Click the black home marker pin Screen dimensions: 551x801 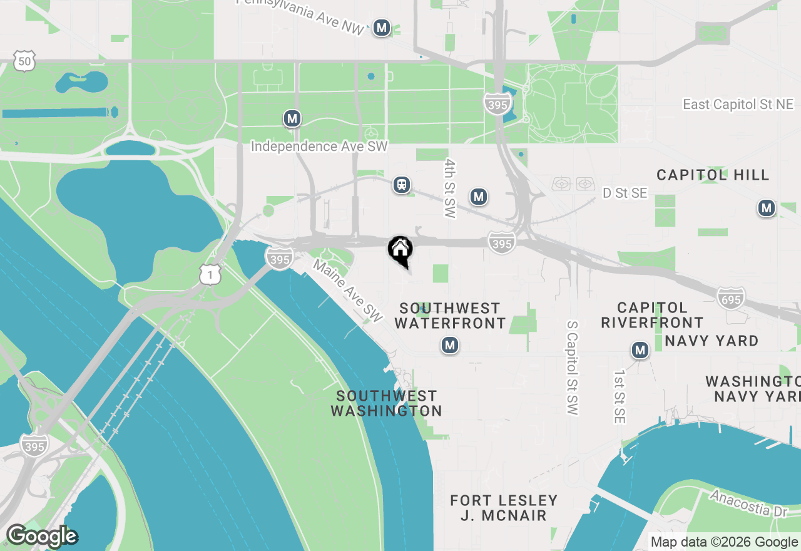(400, 250)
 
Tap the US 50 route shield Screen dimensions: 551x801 (24, 61)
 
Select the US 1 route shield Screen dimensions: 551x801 (211, 274)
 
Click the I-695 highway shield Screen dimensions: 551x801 (730, 299)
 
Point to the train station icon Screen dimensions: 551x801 (402, 185)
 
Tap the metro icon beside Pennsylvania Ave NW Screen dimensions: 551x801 (382, 28)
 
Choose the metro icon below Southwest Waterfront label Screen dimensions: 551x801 (449, 345)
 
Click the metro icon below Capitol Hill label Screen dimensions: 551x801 (766, 208)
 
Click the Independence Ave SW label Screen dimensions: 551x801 (319, 147)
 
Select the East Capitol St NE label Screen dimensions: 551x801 (738, 105)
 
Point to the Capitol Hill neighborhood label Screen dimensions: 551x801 (712, 175)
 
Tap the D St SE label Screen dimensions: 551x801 (625, 193)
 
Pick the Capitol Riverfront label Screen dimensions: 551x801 (652, 315)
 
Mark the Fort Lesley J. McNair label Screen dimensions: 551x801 (504, 508)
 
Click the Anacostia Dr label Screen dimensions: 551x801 (748, 503)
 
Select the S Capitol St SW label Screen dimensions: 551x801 (572, 368)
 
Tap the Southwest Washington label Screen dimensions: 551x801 (386, 403)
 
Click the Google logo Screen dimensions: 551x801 (41, 537)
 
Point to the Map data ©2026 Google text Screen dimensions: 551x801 (724, 542)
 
